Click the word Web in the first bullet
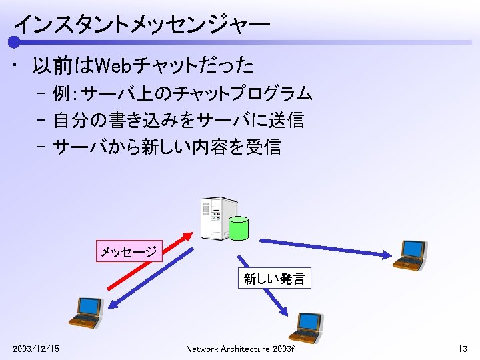tap(115, 66)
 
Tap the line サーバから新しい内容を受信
tap(167, 146)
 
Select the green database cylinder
tap(238, 229)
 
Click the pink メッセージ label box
tap(129, 251)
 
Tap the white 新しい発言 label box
tap(274, 279)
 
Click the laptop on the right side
tap(408, 254)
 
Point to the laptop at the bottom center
tap(307, 327)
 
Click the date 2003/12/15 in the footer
tap(35, 349)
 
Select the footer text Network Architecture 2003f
tap(240, 349)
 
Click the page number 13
tap(462, 349)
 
